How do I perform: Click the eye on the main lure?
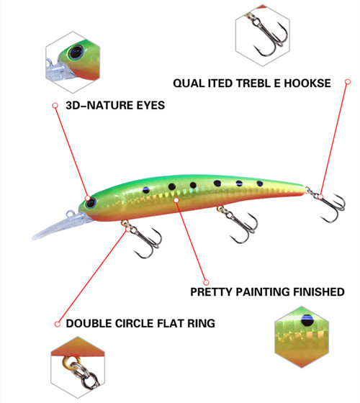[91, 203]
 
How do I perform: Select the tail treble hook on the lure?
[328, 204]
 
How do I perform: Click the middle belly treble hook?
[239, 225]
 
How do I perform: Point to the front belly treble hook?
[143, 239]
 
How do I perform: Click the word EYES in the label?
[150, 105]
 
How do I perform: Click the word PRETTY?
[211, 292]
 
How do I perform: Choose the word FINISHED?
[319, 292]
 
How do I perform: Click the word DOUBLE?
[89, 323]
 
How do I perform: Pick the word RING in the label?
[201, 323]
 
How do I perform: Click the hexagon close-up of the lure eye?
[73, 62]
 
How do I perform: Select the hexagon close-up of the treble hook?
[263, 36]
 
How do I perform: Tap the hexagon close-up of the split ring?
[78, 368]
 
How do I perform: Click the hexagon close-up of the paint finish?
[302, 337]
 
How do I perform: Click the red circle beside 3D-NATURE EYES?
[55, 105]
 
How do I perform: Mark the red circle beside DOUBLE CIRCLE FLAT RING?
[58, 324]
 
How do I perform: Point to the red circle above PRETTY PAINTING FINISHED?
[206, 282]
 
